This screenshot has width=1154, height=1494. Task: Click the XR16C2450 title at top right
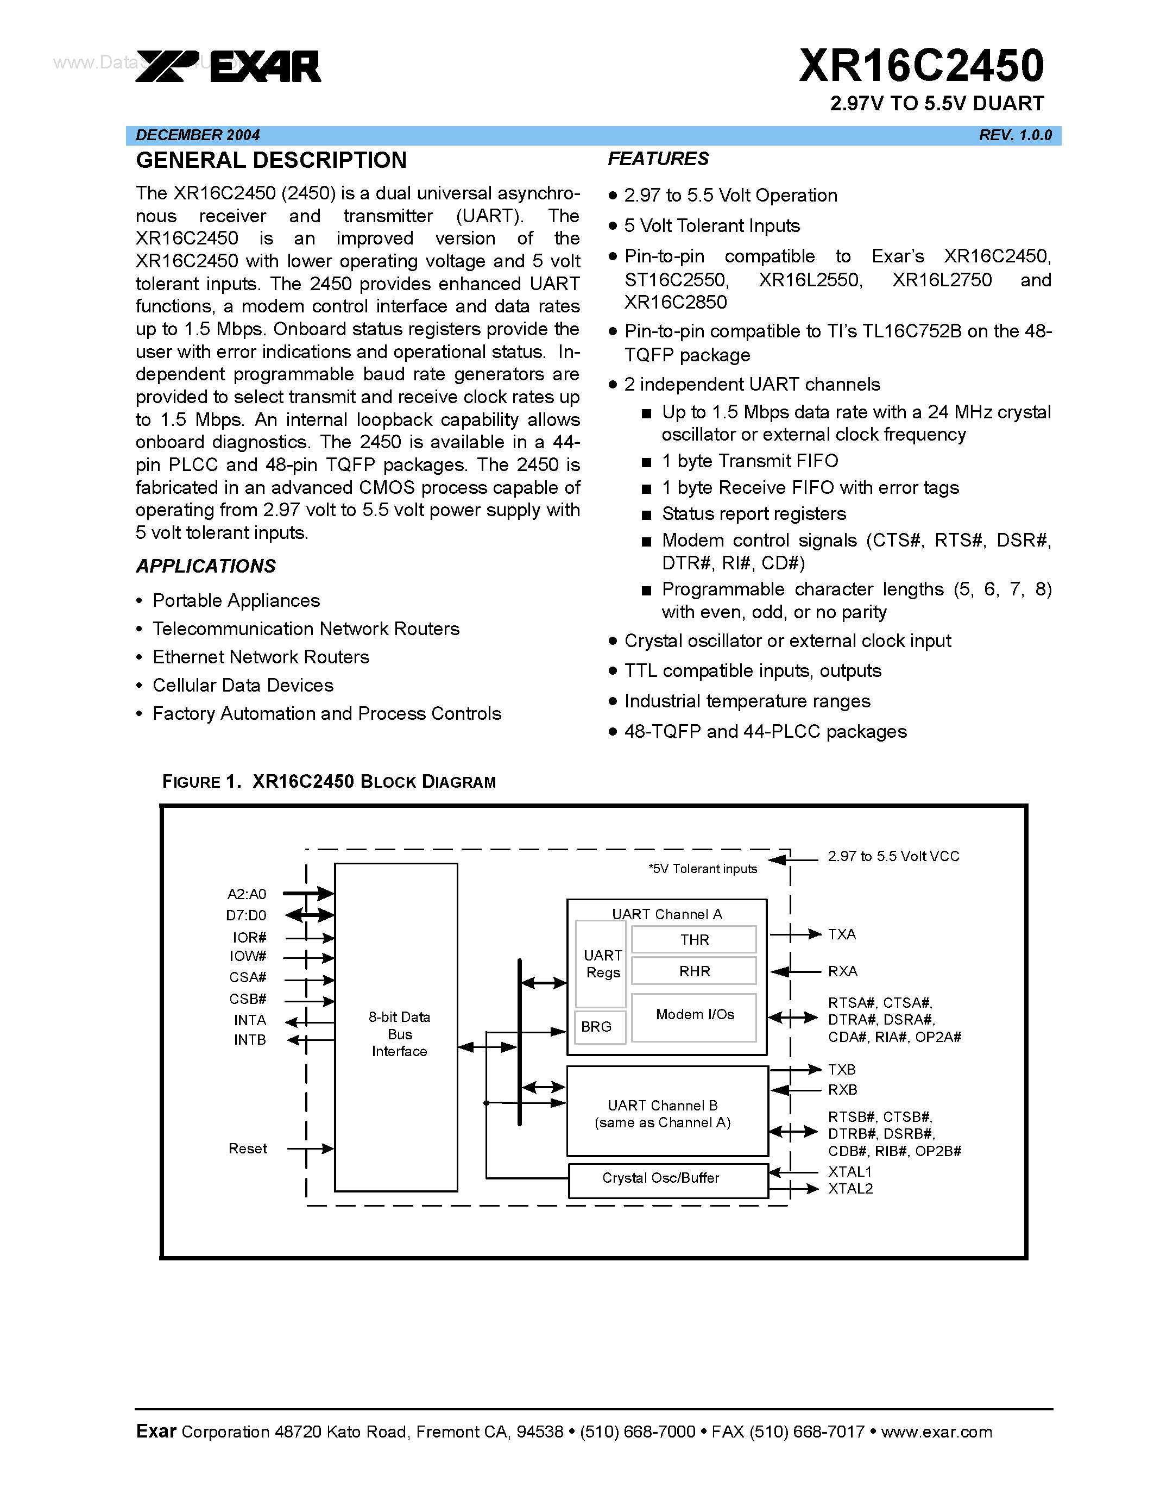921,66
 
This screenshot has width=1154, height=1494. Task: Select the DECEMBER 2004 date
198,135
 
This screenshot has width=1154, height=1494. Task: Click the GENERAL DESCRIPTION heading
271,160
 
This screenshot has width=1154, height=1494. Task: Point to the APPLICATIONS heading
206,566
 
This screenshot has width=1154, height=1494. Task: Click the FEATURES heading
658,159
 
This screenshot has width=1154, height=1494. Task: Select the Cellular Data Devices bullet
243,685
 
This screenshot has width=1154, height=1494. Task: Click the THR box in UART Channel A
694,939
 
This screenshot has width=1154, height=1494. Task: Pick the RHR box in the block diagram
694,971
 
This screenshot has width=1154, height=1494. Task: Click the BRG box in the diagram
597,1027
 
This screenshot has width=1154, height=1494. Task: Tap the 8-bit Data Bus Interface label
399,1034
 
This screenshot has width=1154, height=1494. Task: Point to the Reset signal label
248,1148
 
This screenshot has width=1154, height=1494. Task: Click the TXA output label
842,934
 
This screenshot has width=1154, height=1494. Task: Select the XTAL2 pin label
850,1189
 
